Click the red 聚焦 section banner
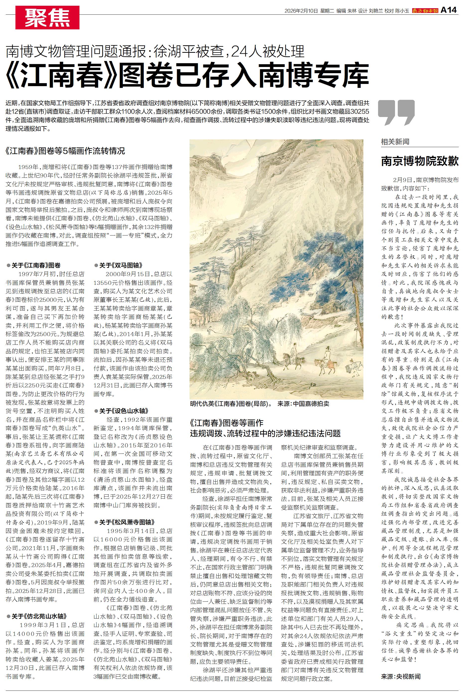(47, 17)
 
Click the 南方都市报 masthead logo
(425, 11)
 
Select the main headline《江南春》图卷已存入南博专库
(187, 75)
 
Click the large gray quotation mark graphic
(396, 112)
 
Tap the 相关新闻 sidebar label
(395, 142)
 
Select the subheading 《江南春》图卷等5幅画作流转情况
(65, 151)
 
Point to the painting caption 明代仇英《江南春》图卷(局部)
(231, 404)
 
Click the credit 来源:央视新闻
(401, 677)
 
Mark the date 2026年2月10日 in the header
(301, 11)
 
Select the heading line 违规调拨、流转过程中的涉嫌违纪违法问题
(265, 433)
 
